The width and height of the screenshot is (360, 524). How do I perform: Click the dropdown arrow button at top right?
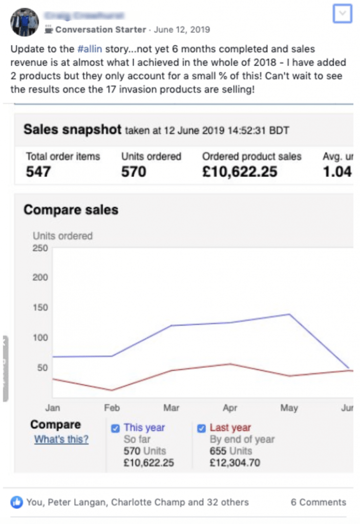342,14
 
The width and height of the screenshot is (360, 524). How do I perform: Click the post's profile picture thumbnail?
25,22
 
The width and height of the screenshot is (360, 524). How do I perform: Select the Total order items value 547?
38,171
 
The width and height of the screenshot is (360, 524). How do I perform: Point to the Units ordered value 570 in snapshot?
134,171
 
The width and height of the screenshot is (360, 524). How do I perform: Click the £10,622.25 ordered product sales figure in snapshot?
240,171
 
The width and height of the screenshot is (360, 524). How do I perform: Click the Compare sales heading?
71,210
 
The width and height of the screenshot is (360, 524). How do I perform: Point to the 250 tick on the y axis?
40,248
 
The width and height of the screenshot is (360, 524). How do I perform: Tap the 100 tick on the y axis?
40,338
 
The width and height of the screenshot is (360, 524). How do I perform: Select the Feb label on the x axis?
112,408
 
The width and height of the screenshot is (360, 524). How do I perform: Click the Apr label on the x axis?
230,408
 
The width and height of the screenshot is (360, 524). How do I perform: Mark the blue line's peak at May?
289,314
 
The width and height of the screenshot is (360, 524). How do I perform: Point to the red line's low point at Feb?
112,390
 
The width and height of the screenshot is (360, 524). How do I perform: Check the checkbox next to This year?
115,428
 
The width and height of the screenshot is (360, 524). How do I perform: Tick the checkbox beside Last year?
201,428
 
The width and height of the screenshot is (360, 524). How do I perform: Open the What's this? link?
61,439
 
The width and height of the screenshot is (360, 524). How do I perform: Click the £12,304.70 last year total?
235,463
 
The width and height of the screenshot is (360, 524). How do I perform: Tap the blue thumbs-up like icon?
17,502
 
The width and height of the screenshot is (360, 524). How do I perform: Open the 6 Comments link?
318,502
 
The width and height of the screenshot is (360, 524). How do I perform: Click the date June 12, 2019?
181,30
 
